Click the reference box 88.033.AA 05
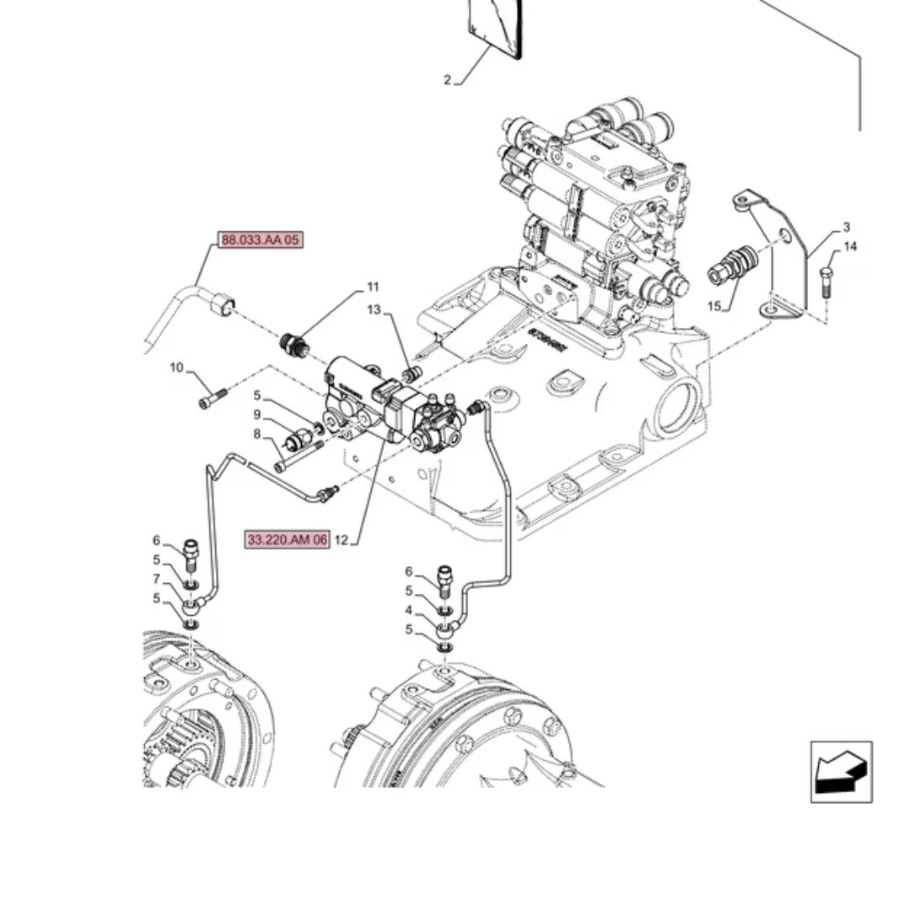[260, 240]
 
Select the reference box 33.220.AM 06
[287, 540]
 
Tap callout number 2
[448, 81]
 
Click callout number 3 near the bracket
[846, 227]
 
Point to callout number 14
[850, 246]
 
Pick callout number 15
[714, 306]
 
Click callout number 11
[373, 288]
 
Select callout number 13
[374, 310]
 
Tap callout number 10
[176, 368]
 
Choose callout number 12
[341, 540]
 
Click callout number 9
[257, 415]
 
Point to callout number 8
[257, 434]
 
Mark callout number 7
[156, 579]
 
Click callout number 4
[408, 610]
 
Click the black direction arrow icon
[841, 772]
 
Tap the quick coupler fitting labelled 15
[731, 264]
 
